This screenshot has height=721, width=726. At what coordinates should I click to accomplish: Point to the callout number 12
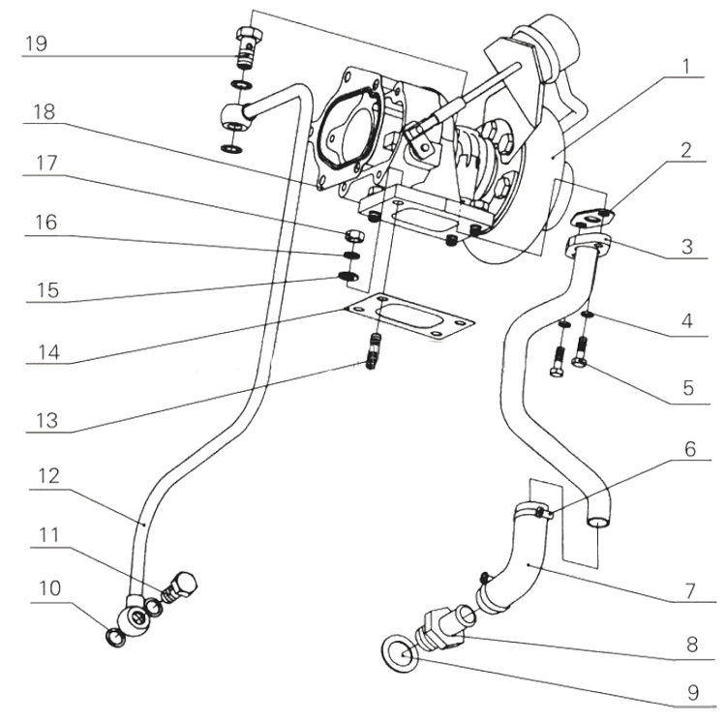pyautogui.click(x=41, y=475)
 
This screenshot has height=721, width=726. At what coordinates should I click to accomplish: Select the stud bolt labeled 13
pyautogui.click(x=374, y=347)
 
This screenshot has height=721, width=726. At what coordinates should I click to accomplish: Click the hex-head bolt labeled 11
pyautogui.click(x=180, y=585)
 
